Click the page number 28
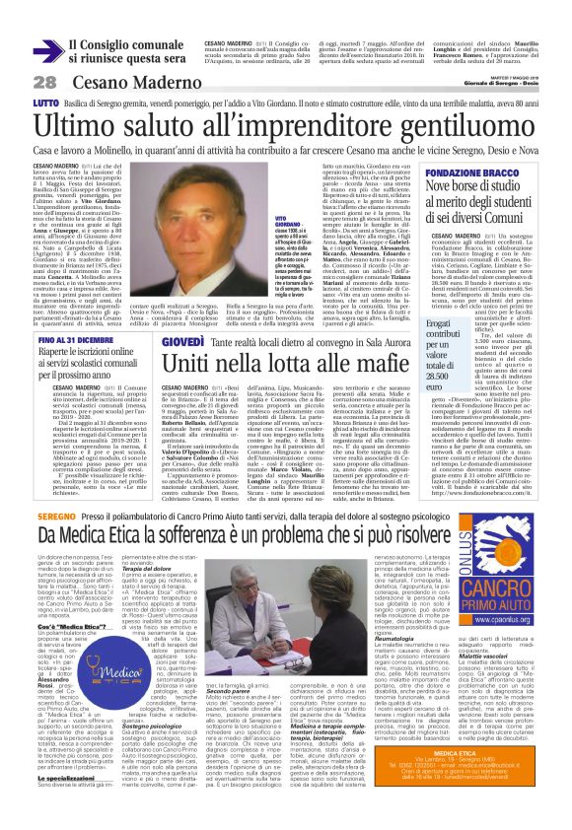(43, 82)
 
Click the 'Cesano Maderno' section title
(123, 82)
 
